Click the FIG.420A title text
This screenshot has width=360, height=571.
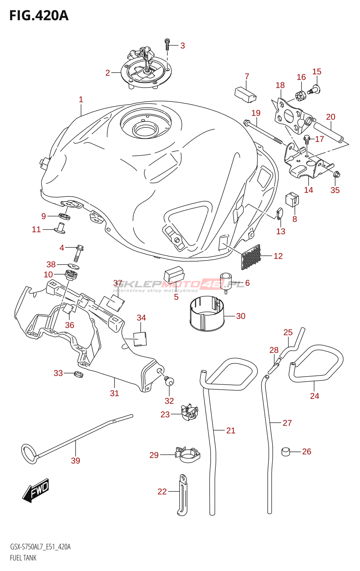pos(39,16)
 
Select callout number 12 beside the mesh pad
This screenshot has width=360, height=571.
pos(278,256)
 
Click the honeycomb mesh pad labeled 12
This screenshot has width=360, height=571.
pos(251,257)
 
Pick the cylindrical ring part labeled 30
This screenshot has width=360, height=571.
pos(207,314)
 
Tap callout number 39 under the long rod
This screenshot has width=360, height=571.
pos(75,461)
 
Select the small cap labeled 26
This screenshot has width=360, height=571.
pos(286,452)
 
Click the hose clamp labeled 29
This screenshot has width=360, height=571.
pos(187,455)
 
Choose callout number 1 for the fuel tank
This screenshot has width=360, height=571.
pos(81,100)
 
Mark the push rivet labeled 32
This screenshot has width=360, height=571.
pos(169,381)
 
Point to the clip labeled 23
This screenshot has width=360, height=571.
pos(190,412)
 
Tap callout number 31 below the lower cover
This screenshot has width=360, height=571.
pos(115,393)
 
